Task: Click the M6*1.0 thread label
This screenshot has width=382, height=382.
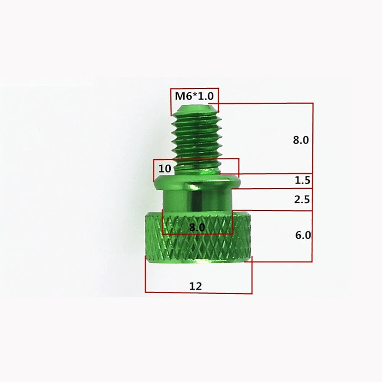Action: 194,96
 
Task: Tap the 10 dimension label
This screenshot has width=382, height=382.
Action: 165,168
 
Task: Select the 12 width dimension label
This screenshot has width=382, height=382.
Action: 196,286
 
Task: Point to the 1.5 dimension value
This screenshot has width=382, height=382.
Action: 302,180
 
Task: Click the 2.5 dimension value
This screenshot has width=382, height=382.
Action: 302,199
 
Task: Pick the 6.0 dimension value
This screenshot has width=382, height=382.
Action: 303,235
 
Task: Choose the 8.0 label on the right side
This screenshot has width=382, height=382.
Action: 301,140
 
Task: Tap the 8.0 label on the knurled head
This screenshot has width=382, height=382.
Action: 197,228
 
